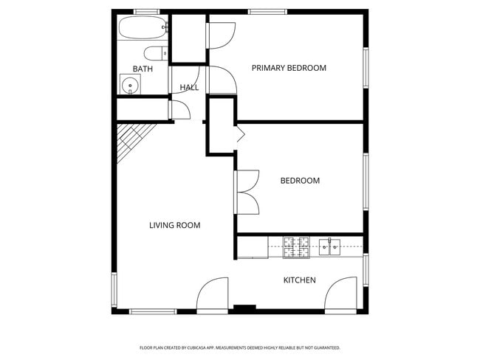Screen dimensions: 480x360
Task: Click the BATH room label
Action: (x=143, y=69)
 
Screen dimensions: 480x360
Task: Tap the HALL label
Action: (x=189, y=88)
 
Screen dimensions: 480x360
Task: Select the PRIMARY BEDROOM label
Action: (x=289, y=68)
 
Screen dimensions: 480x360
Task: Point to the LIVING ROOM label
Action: (x=175, y=226)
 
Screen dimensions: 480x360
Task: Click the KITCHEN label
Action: (x=299, y=280)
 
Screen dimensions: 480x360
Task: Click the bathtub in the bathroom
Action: (x=143, y=27)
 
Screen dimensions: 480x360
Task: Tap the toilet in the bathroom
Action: (x=156, y=54)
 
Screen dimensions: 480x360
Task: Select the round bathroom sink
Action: (x=131, y=84)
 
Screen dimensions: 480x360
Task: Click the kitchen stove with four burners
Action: (x=296, y=247)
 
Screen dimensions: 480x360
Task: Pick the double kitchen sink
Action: (x=329, y=247)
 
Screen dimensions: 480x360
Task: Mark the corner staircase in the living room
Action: (x=135, y=142)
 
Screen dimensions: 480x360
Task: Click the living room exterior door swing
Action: (x=213, y=294)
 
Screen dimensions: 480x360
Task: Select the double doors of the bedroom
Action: (x=247, y=192)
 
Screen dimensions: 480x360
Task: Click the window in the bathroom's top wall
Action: (x=147, y=12)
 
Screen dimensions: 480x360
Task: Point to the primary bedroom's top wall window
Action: (x=267, y=12)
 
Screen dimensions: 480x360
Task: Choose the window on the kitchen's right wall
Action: (x=366, y=270)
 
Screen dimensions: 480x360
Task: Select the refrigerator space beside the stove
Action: (x=253, y=247)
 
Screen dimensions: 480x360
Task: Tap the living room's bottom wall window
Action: (x=153, y=311)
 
